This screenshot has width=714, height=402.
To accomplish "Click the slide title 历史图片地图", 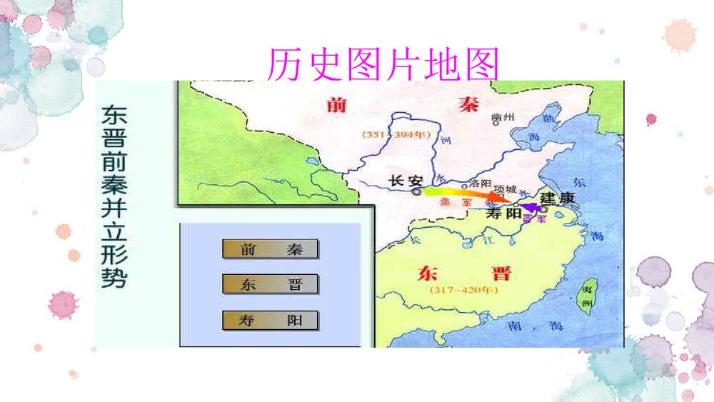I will pyautogui.click(x=383, y=65).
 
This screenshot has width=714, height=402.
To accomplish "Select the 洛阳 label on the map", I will pyautogui.click(x=479, y=183).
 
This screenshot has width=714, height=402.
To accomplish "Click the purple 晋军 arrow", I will pyautogui.click(x=530, y=208).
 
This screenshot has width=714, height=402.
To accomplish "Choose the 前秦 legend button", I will pyautogui.click(x=270, y=249).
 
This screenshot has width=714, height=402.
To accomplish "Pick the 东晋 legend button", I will pyautogui.click(x=270, y=284).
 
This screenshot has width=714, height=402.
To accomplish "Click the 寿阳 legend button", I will pyautogui.click(x=270, y=321).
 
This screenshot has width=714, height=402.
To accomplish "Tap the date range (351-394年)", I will pyautogui.click(x=389, y=134).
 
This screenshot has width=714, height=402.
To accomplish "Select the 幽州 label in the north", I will pyautogui.click(x=503, y=117).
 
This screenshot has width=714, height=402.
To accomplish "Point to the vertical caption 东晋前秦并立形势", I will pyautogui.click(x=114, y=196).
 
